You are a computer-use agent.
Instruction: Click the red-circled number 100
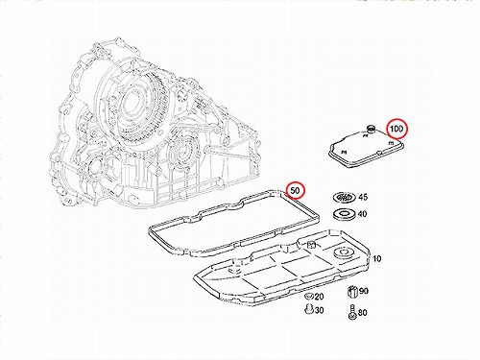point(396,129)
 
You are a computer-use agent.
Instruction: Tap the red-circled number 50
point(295,191)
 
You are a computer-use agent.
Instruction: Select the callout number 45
point(363,197)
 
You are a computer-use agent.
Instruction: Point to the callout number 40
point(362,213)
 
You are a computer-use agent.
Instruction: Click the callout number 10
point(377,258)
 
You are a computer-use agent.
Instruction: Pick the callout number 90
point(364,291)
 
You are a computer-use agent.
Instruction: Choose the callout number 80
point(362,312)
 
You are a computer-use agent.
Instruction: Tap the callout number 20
point(319,297)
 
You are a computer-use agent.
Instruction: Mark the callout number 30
point(319,310)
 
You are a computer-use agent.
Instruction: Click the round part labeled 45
point(344,198)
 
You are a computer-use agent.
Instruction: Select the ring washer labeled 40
point(345,214)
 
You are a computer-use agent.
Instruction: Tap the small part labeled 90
point(352,291)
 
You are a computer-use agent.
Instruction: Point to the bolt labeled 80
point(351,312)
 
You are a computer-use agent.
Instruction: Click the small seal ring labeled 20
point(308,296)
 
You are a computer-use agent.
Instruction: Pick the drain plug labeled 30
point(308,309)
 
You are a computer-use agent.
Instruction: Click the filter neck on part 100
point(372,129)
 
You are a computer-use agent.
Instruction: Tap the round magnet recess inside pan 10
point(344,252)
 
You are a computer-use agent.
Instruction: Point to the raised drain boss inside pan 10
point(311,246)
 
